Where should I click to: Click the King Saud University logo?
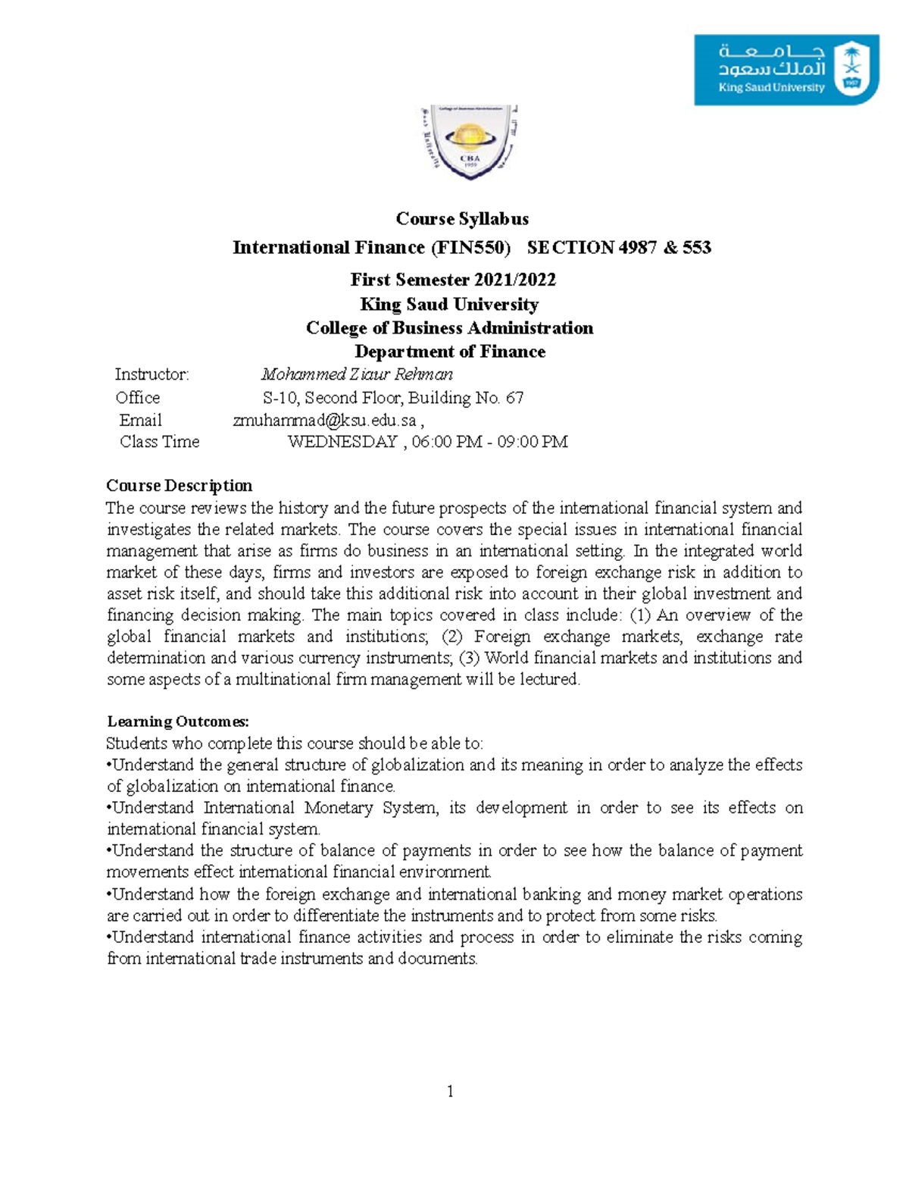786,70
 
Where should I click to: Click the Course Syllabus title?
462,219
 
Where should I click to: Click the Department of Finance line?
450,352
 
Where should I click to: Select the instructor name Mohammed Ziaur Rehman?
357,374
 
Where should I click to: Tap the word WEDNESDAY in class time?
342,442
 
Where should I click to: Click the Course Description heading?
179,486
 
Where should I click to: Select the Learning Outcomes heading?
178,722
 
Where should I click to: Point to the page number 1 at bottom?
451,1091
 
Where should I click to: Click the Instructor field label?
151,374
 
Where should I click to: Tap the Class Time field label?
159,442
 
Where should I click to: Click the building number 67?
514,398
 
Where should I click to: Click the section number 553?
697,248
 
